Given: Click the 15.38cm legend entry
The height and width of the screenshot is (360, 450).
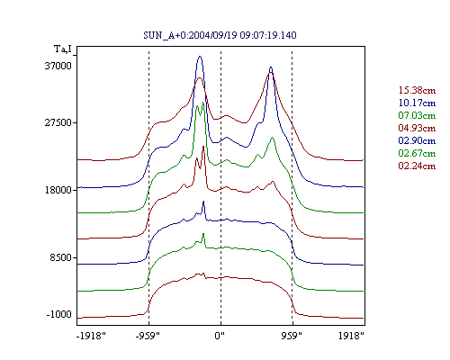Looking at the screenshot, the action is pos(417,90).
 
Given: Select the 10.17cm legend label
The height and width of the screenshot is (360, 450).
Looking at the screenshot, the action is pos(417,103).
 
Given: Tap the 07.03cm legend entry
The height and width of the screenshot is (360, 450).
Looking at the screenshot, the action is pos(417,115).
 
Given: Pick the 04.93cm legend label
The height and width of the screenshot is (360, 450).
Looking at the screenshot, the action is pos(417,128).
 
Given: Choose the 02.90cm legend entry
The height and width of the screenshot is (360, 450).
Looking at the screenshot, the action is pos(417,140).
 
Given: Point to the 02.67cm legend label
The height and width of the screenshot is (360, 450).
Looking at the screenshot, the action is pos(417,153).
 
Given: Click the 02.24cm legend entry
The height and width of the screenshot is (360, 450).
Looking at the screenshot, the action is pos(417,166).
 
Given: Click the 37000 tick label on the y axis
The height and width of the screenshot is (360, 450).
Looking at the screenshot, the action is pos(58,66).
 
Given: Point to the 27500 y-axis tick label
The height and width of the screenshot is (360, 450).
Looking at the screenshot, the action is pos(58,122).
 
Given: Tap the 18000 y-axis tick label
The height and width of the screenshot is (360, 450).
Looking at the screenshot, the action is pos(58,190).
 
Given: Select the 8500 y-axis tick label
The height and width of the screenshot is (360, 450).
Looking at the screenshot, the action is pos(61,257).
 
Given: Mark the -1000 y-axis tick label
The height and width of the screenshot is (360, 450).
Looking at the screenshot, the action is pos(59,314).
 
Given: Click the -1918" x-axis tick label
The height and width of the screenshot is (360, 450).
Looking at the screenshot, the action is pos(91,336).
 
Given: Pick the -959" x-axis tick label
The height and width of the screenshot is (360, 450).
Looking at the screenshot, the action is pos(148,336).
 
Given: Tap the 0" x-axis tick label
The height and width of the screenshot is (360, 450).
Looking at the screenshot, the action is pos(220,336).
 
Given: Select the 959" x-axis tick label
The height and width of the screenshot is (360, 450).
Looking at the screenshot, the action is pos(292,336).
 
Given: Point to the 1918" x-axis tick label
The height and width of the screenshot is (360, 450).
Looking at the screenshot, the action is pos(351,336).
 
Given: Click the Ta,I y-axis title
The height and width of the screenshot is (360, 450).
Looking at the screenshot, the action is pos(63,49).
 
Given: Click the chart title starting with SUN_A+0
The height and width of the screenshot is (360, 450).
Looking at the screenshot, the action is pos(220,35).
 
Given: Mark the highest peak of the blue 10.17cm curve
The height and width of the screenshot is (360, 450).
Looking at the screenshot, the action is pos(200,56).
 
